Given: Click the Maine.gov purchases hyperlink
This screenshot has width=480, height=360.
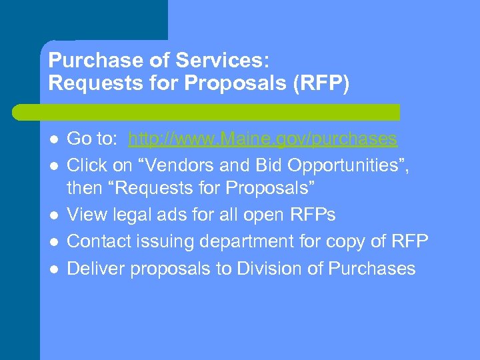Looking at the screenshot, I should tap(263, 139).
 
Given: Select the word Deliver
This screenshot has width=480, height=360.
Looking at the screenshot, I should tap(95, 268).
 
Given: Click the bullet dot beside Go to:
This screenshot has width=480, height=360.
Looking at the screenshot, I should tap(53, 139).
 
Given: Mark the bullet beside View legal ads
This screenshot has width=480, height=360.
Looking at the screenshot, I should tap(53, 215).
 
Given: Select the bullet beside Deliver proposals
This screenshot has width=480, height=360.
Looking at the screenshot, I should tap(53, 269).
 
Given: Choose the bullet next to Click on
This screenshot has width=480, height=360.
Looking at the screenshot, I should tap(53, 165).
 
